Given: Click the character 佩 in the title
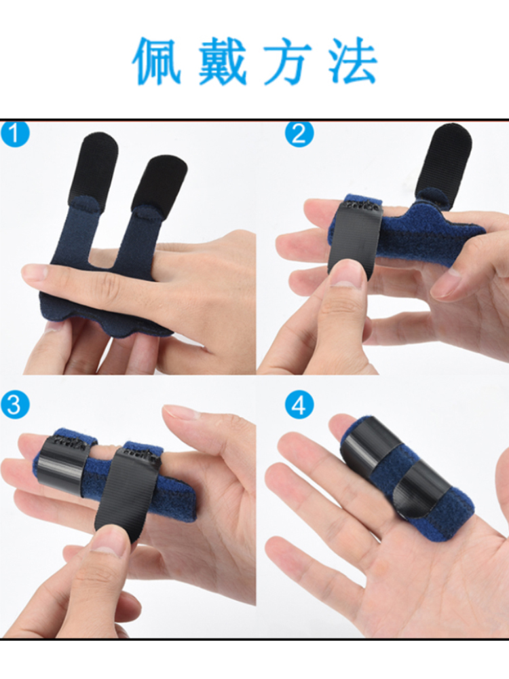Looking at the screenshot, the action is pyautogui.click(x=156, y=61).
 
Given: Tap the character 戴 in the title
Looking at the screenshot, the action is pyautogui.click(x=223, y=61).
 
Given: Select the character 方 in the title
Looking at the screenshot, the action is pyautogui.click(x=288, y=61).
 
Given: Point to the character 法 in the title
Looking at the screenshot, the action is pyautogui.click(x=353, y=61).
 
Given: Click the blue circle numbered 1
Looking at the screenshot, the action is pyautogui.click(x=14, y=134).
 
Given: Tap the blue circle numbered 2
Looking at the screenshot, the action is pyautogui.click(x=299, y=134).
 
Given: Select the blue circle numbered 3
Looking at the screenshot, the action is pyautogui.click(x=14, y=405).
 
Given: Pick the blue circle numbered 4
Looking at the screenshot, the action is pyautogui.click(x=299, y=405).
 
